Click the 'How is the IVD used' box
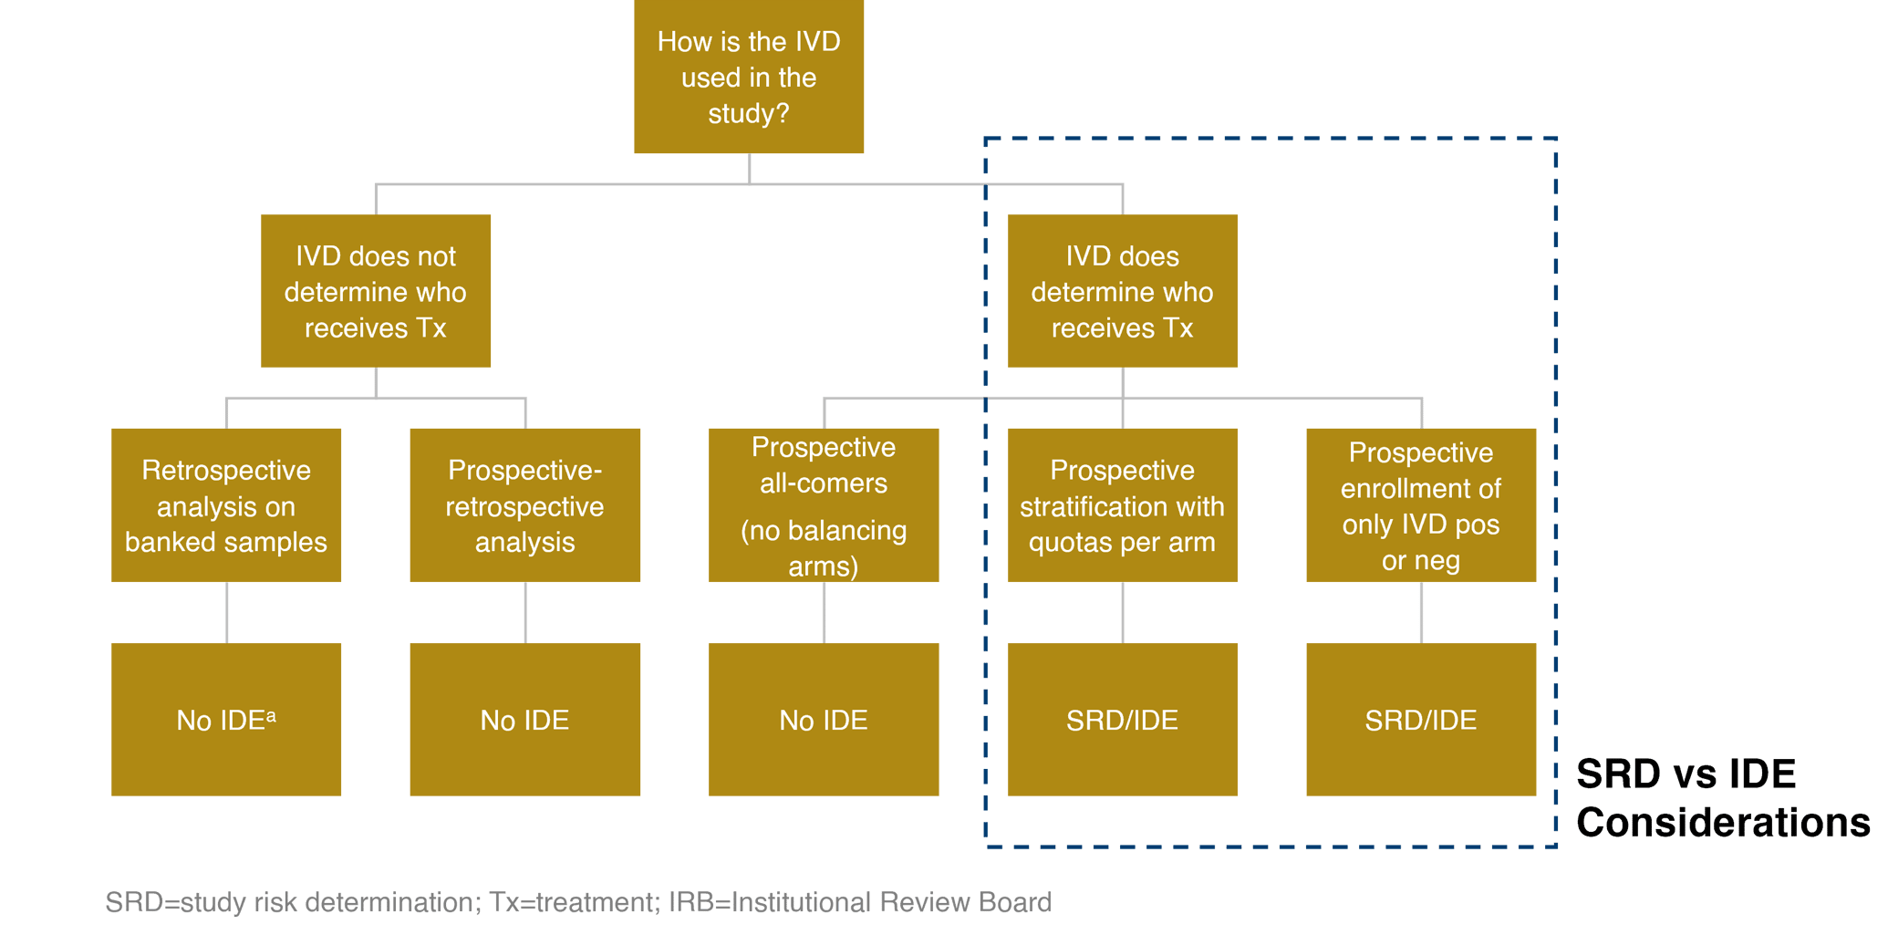(749, 78)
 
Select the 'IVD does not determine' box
(376, 291)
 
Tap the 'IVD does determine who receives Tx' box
(1122, 291)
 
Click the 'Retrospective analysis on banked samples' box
(226, 505)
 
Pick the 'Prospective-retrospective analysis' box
(524, 505)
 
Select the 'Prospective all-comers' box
(824, 505)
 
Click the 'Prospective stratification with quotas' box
(1122, 505)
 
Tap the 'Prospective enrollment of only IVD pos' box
(1420, 505)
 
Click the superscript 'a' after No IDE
(271, 715)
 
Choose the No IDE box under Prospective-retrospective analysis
(524, 720)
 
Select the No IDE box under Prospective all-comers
(824, 720)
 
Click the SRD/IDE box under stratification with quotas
(1122, 720)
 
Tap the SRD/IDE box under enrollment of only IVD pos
(1420, 720)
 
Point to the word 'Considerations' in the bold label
(1722, 823)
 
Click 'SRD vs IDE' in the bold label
(1686, 774)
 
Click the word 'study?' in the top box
(749, 114)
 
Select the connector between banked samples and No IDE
(227, 612)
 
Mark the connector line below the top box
(750, 169)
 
